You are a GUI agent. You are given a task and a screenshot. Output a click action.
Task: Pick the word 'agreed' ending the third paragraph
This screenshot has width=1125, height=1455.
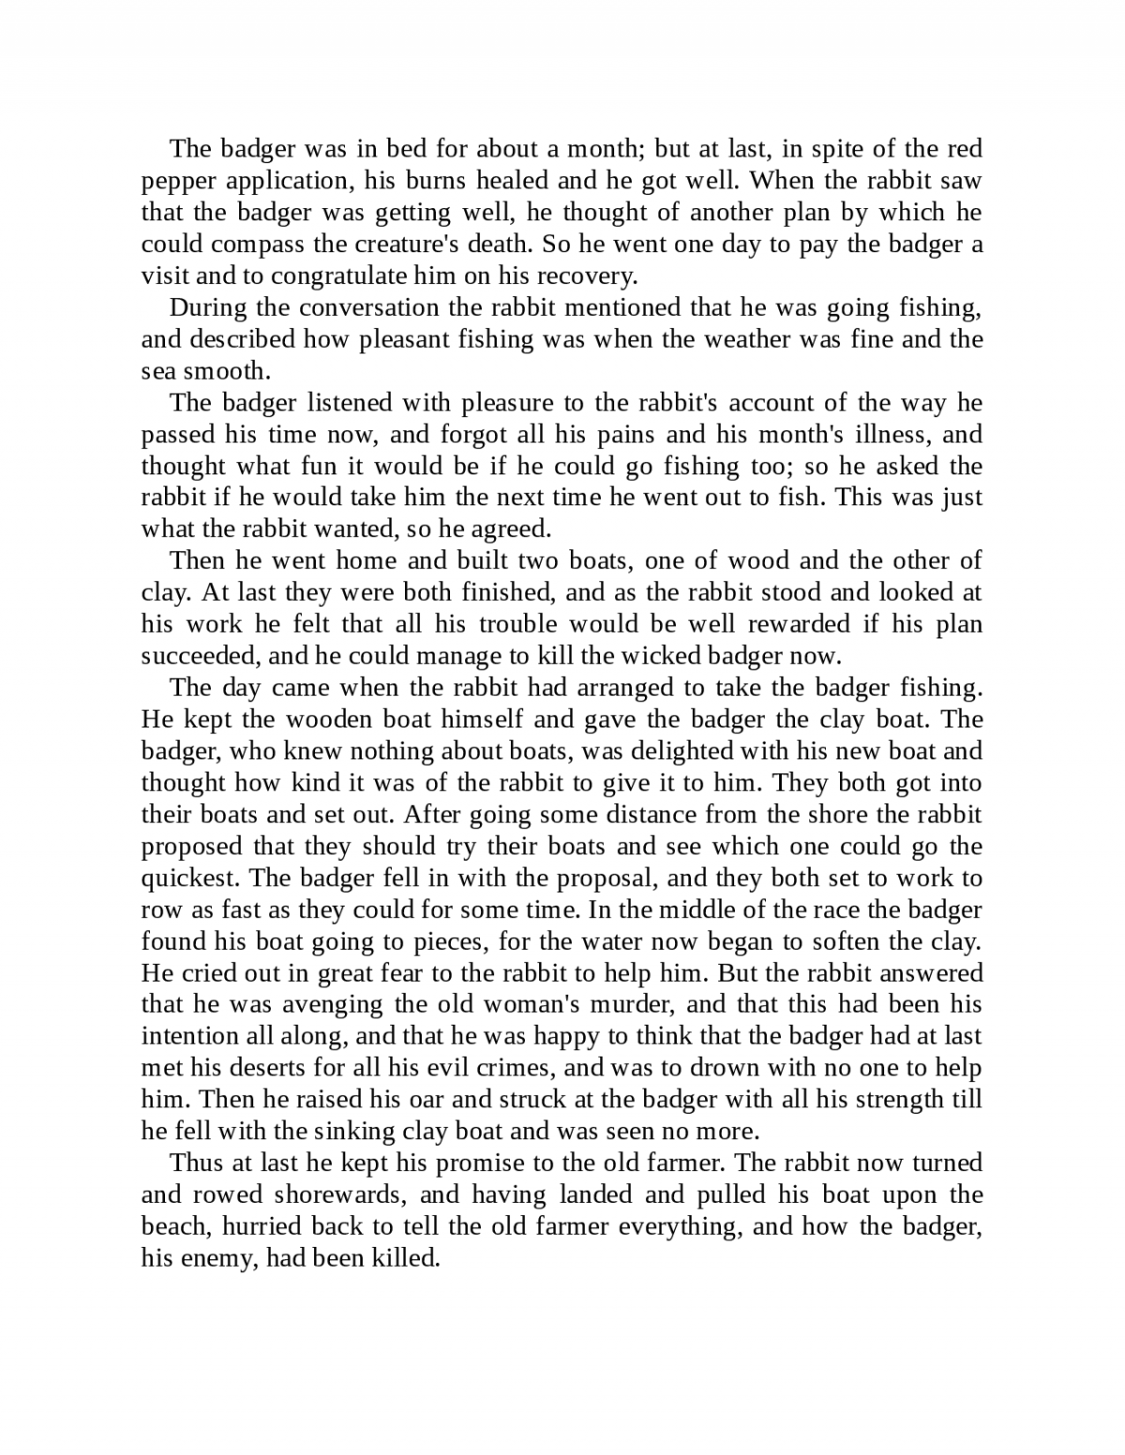[x=516, y=530]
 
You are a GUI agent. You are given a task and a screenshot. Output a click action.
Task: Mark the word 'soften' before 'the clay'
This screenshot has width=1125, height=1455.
[x=862, y=941]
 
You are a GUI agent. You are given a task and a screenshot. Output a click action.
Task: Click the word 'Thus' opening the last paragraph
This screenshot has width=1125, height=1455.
[x=195, y=1163]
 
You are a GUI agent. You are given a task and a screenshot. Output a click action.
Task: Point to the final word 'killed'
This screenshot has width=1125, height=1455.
[x=407, y=1259]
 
